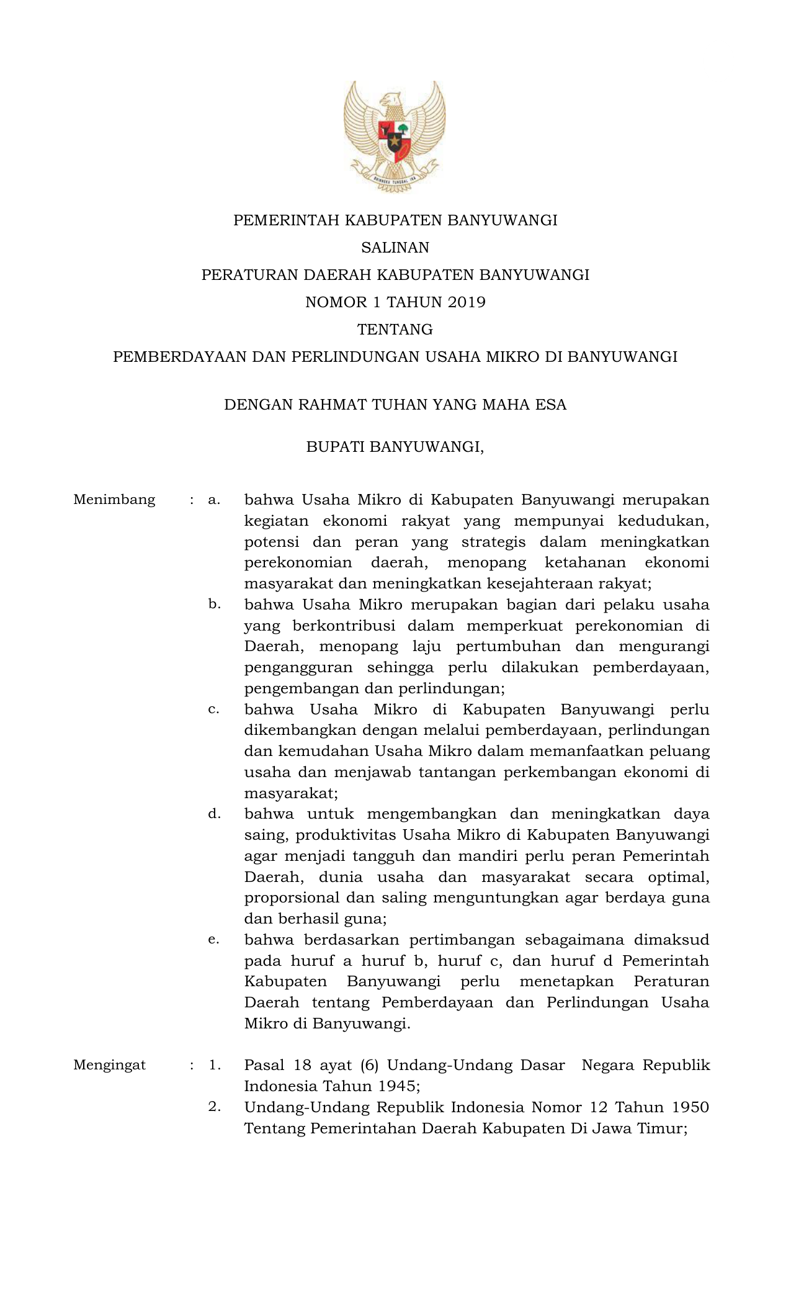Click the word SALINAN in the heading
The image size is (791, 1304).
point(395,248)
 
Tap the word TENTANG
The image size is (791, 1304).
point(395,330)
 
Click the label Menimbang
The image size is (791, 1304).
point(114,500)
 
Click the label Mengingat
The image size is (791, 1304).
point(110,1065)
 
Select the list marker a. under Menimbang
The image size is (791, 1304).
point(214,500)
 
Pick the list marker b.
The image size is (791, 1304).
point(214,604)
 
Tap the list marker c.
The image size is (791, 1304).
point(214,709)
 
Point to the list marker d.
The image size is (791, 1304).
point(214,814)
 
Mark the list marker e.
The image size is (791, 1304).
point(214,940)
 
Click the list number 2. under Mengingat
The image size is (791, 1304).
point(214,1107)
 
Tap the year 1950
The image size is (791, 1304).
point(689,1107)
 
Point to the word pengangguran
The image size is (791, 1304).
point(298,668)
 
